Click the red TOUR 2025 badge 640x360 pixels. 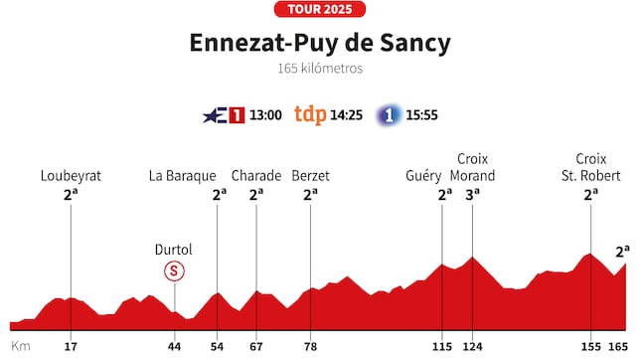click(319, 10)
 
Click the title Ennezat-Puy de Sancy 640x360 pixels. click(319, 44)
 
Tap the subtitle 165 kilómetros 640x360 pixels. click(319, 70)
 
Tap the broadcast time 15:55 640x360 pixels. click(423, 114)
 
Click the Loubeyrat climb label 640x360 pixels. click(71, 176)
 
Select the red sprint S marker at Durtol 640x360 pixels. click(175, 270)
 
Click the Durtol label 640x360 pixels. click(174, 249)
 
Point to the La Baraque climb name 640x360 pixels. click(183, 176)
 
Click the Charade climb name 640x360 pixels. click(255, 176)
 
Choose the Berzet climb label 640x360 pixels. click(310, 176)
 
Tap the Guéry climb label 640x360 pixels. click(423, 176)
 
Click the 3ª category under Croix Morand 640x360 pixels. click(473, 195)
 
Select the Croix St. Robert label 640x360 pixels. click(591, 167)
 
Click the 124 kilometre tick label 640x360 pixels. click(473, 347)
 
